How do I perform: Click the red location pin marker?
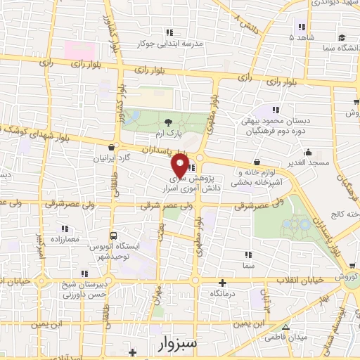(180, 166)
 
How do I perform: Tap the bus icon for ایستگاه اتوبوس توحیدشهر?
(113, 236)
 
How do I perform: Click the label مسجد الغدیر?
(309, 163)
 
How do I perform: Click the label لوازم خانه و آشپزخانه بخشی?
(262, 176)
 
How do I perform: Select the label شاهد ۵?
(304, 37)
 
